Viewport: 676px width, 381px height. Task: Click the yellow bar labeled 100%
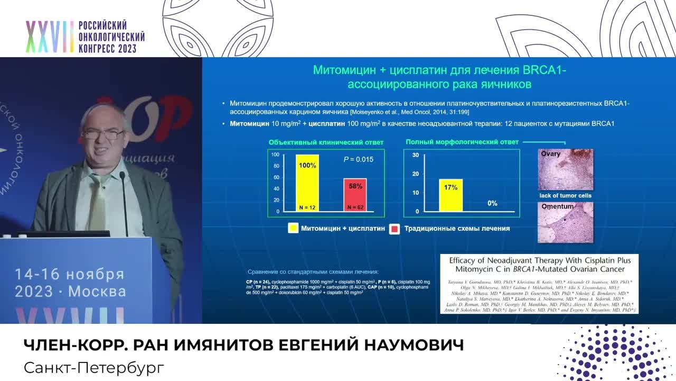point(307,183)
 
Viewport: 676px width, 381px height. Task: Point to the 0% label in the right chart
point(492,203)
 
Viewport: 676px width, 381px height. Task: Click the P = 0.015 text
point(359,159)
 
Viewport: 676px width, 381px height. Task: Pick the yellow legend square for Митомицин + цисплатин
point(293,229)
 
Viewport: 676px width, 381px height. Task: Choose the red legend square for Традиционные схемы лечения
point(394,229)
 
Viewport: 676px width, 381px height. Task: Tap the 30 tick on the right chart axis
point(416,155)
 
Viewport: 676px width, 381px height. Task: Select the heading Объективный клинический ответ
point(326,142)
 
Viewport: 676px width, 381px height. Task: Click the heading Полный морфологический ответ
point(462,142)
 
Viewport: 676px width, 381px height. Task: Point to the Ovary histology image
point(565,169)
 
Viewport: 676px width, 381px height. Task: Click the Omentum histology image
point(565,223)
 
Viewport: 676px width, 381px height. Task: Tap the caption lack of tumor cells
point(565,196)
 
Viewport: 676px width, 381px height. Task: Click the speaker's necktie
point(98,201)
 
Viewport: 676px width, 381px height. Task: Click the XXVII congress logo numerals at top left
point(50,37)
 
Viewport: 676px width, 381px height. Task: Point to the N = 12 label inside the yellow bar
point(307,207)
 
